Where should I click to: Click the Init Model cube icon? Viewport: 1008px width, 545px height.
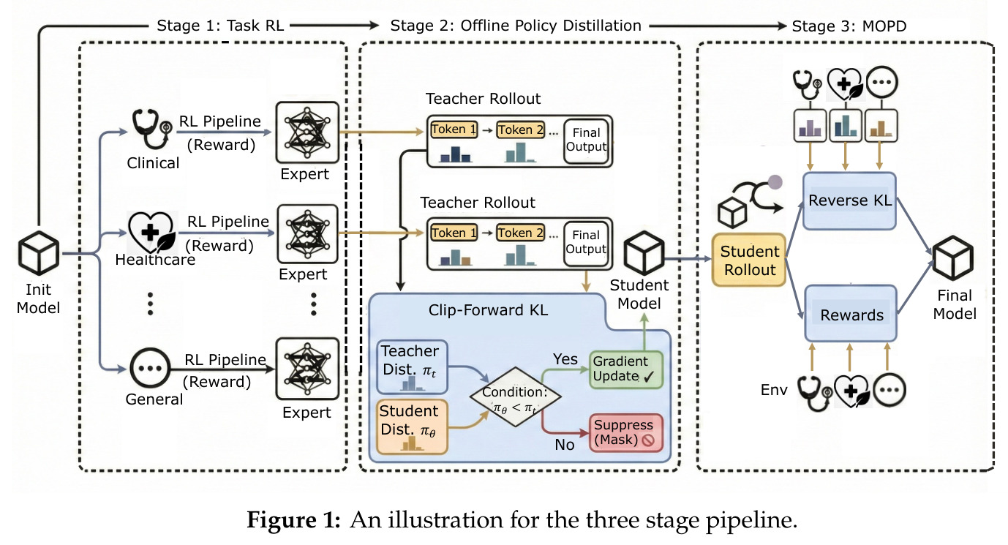tap(39, 253)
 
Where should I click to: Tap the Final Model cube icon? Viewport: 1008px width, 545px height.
tap(953, 258)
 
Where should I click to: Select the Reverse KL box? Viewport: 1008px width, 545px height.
tap(849, 200)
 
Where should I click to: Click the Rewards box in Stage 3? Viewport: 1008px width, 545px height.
tap(851, 314)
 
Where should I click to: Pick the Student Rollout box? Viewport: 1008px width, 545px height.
tap(749, 260)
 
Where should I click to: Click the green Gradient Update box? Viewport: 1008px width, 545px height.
tap(626, 369)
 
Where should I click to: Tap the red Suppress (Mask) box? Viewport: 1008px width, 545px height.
tap(626, 433)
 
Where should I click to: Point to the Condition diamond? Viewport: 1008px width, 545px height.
tap(515, 396)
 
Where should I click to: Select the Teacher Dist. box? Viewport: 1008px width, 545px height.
tap(412, 367)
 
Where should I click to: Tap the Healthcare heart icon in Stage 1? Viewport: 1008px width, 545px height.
tap(151, 232)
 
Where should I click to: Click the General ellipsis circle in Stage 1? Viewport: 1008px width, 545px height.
tap(150, 368)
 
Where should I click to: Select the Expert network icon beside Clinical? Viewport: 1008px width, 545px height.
tap(307, 132)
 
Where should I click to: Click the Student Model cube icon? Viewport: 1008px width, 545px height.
tap(644, 253)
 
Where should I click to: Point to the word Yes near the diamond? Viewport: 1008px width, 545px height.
tap(565, 359)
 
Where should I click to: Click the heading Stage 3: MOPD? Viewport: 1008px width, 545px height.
tap(849, 26)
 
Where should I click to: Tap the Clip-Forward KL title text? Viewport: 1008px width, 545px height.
tap(488, 310)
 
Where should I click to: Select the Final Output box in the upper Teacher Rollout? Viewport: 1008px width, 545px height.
tap(587, 140)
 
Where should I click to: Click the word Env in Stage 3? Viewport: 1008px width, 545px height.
tap(774, 390)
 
